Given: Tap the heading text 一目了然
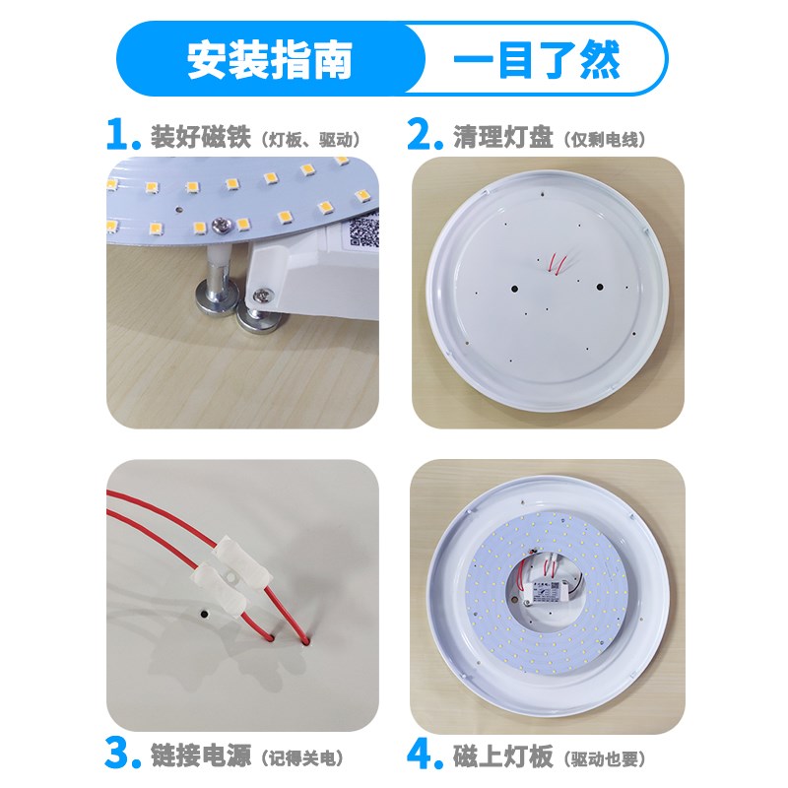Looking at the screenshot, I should pos(536,61).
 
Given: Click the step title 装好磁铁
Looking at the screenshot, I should pos(203,136).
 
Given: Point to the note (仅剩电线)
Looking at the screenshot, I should pos(607,138).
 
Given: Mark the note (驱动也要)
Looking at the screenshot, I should pos(607,758).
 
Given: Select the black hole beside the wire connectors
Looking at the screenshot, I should pos(203,613).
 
